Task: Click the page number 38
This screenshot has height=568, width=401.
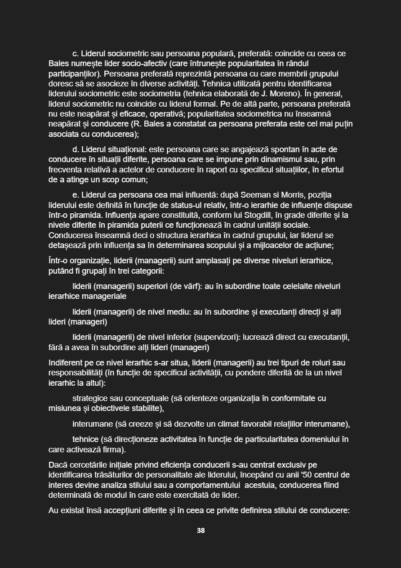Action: tap(200, 531)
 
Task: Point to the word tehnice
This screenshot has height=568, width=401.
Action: tap(85, 439)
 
